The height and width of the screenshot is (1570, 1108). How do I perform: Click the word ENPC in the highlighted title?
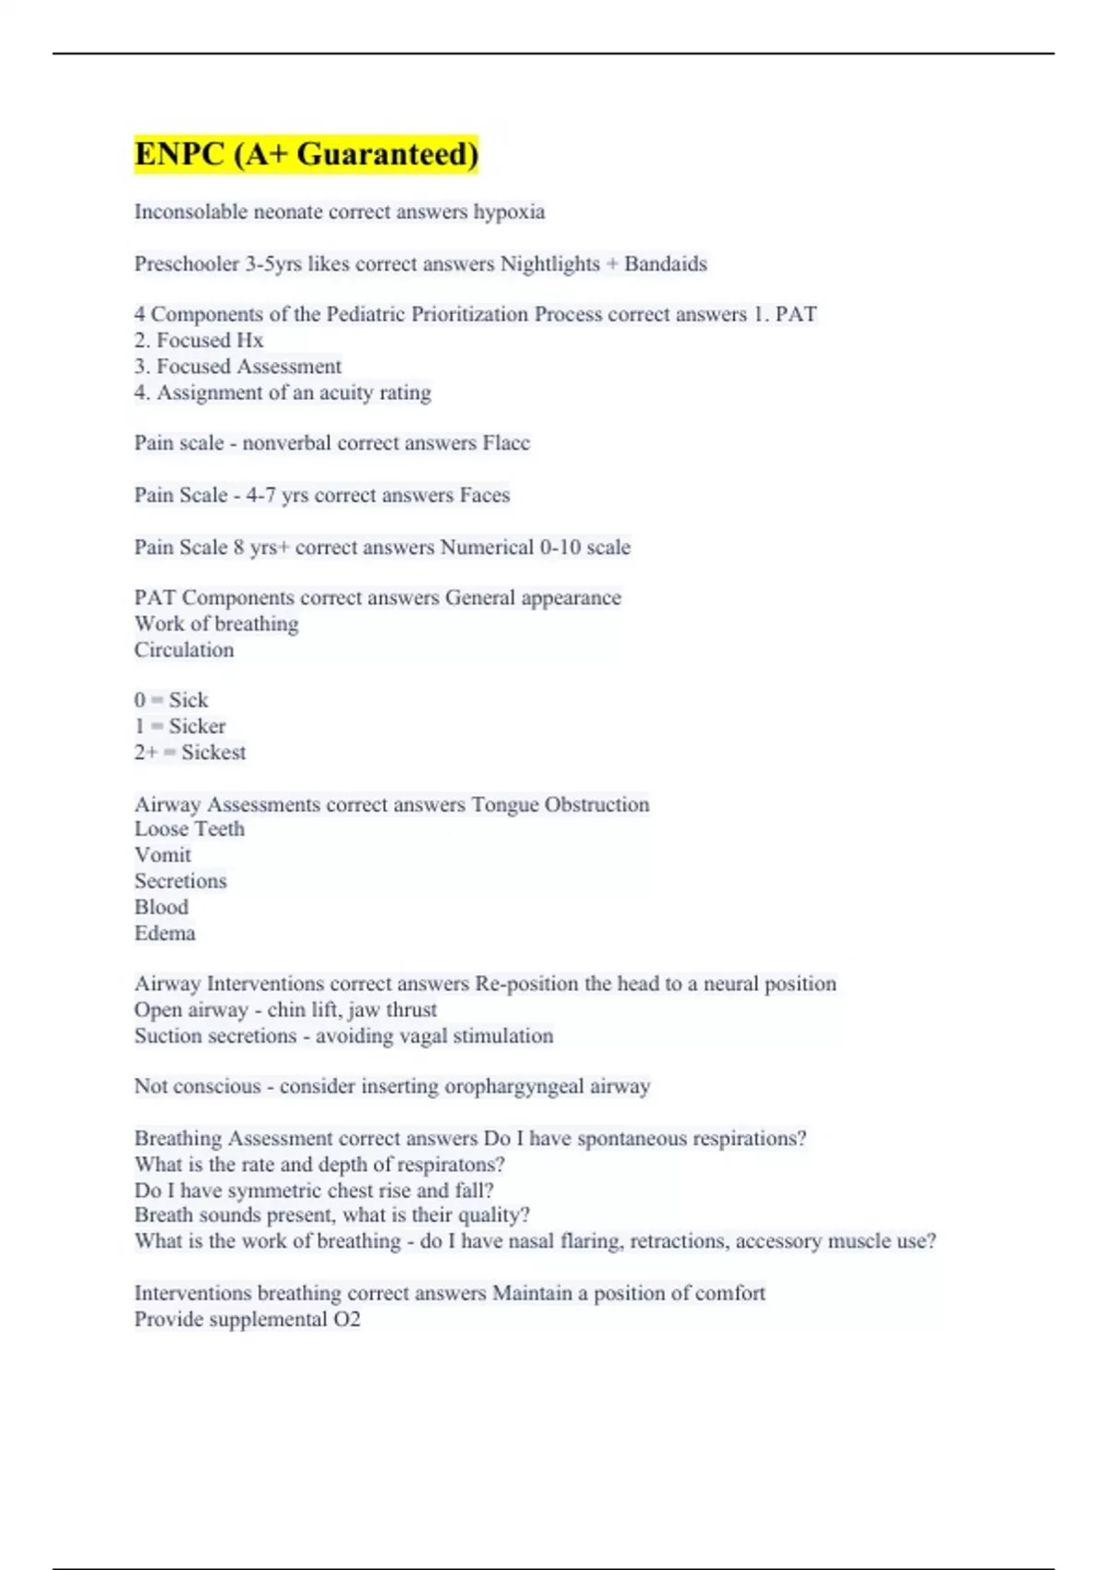[180, 153]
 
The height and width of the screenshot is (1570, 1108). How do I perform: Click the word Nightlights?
[550, 264]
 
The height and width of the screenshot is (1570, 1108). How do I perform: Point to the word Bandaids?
[666, 264]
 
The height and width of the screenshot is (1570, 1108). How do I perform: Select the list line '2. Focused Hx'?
[199, 341]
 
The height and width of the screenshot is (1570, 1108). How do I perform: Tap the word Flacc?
[506, 443]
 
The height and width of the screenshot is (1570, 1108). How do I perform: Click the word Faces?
[485, 495]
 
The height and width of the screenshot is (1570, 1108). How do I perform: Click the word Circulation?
[184, 650]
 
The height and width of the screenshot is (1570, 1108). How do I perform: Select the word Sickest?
[213, 753]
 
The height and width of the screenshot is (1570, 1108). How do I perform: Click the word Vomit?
[163, 855]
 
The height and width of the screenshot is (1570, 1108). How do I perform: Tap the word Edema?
[164, 934]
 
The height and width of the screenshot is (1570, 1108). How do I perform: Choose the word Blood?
[162, 907]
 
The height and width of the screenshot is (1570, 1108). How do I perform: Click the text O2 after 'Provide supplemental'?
[346, 1320]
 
